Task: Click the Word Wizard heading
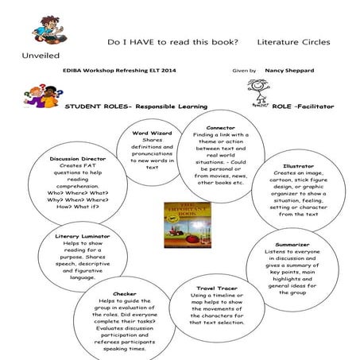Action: pyautogui.click(x=152, y=133)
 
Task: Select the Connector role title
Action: pyautogui.click(x=220, y=127)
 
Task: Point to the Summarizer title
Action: pyautogui.click(x=298, y=244)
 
